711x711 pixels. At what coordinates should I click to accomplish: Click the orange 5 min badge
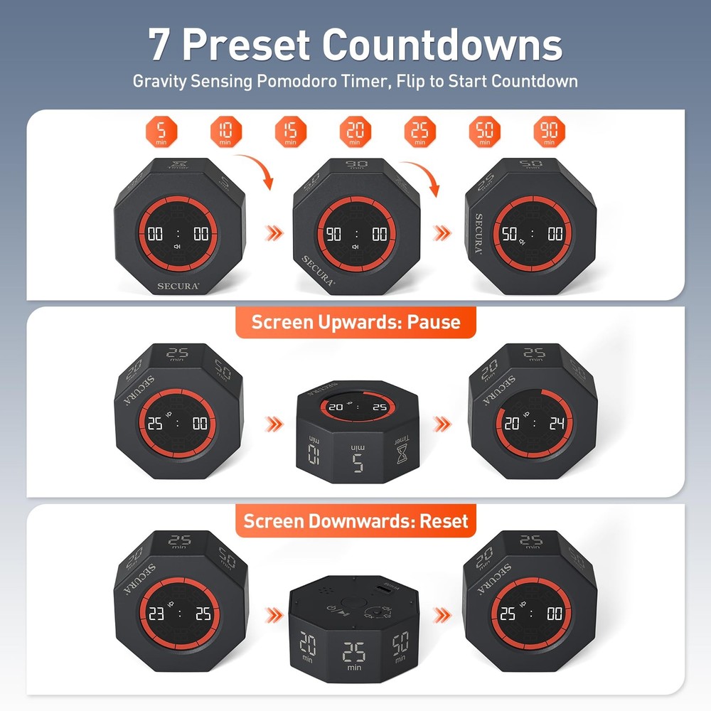[x=161, y=132]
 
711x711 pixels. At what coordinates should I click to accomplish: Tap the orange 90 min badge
[x=550, y=132]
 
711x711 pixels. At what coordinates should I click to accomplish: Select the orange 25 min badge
[x=420, y=132]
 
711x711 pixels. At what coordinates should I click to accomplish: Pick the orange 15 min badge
[x=290, y=132]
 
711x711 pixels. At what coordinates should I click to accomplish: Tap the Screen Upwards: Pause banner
[x=355, y=322]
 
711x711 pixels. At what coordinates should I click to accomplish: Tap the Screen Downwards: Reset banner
[x=355, y=520]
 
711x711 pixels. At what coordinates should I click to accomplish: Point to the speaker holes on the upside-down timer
[x=328, y=591]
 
